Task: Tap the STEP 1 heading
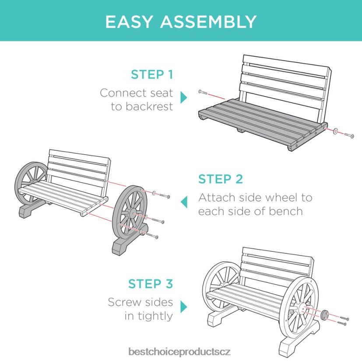coord(151,74)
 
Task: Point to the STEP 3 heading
coord(151,284)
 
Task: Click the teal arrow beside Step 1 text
coord(184,97)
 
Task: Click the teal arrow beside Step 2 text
coord(184,202)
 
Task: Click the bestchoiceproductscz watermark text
coord(179,351)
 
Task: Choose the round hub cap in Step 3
coord(325,315)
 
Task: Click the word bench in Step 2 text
coord(286,211)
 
